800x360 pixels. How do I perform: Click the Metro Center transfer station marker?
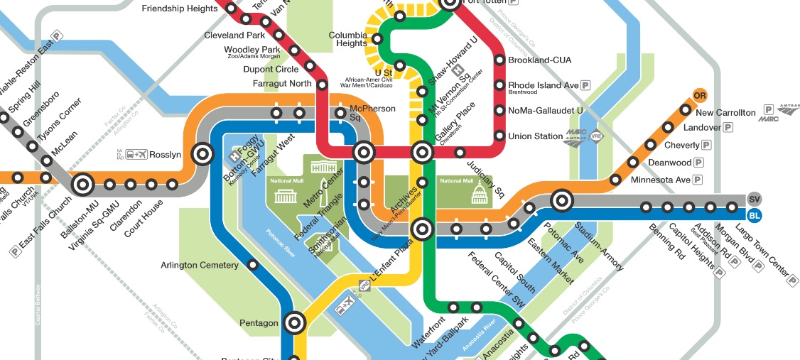click(364, 151)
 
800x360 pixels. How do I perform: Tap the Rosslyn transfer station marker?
click(202, 153)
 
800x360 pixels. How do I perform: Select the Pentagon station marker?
click(294, 323)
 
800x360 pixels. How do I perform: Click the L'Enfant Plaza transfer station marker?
click(422, 229)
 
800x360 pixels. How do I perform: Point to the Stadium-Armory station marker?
click(562, 201)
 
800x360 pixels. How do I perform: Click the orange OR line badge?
click(700, 96)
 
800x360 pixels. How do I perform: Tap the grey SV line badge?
click(754, 199)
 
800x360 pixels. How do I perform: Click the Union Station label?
click(535, 136)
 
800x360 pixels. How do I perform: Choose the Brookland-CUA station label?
click(540, 60)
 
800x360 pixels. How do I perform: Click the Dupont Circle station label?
click(271, 70)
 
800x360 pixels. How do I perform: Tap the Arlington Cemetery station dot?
click(253, 266)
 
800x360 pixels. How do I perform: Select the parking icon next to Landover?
click(728, 129)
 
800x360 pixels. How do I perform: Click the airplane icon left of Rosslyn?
click(139, 154)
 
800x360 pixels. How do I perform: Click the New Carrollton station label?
click(725, 113)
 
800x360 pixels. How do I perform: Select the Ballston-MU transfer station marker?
click(82, 185)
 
